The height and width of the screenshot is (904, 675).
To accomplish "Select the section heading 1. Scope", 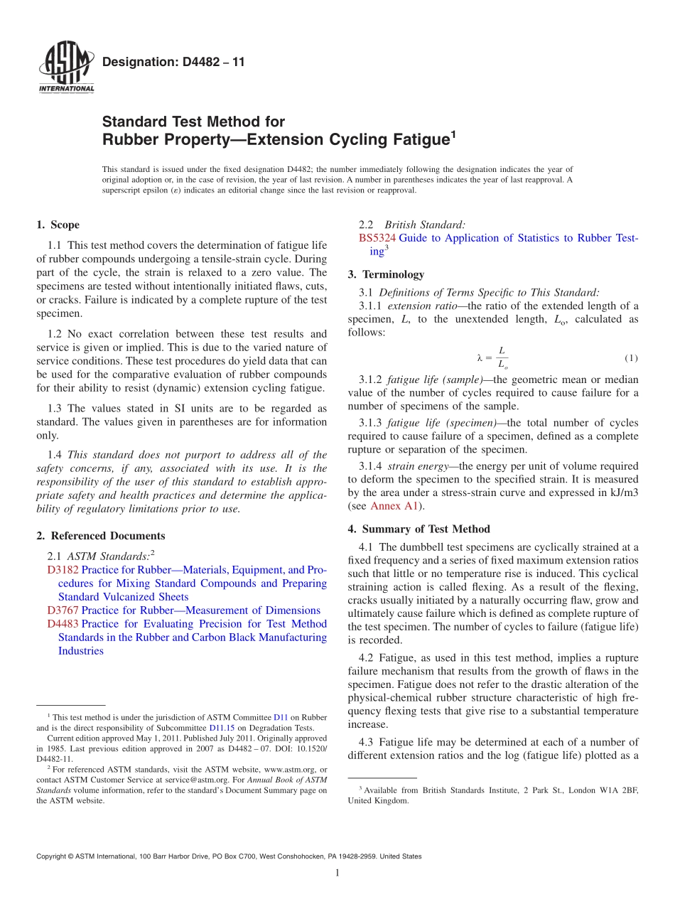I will [x=58, y=225].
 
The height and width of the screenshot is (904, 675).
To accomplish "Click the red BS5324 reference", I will [x=377, y=238].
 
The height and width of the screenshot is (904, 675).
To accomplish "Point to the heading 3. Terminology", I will [x=386, y=274].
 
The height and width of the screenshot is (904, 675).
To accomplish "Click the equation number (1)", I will [x=631, y=357].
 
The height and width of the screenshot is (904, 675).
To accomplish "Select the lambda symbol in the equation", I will [x=480, y=357].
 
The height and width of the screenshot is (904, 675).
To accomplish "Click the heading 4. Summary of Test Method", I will [x=418, y=529].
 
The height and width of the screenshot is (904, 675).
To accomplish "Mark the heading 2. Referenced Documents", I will [x=101, y=536].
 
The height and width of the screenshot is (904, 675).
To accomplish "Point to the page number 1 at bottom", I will [x=338, y=873].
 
